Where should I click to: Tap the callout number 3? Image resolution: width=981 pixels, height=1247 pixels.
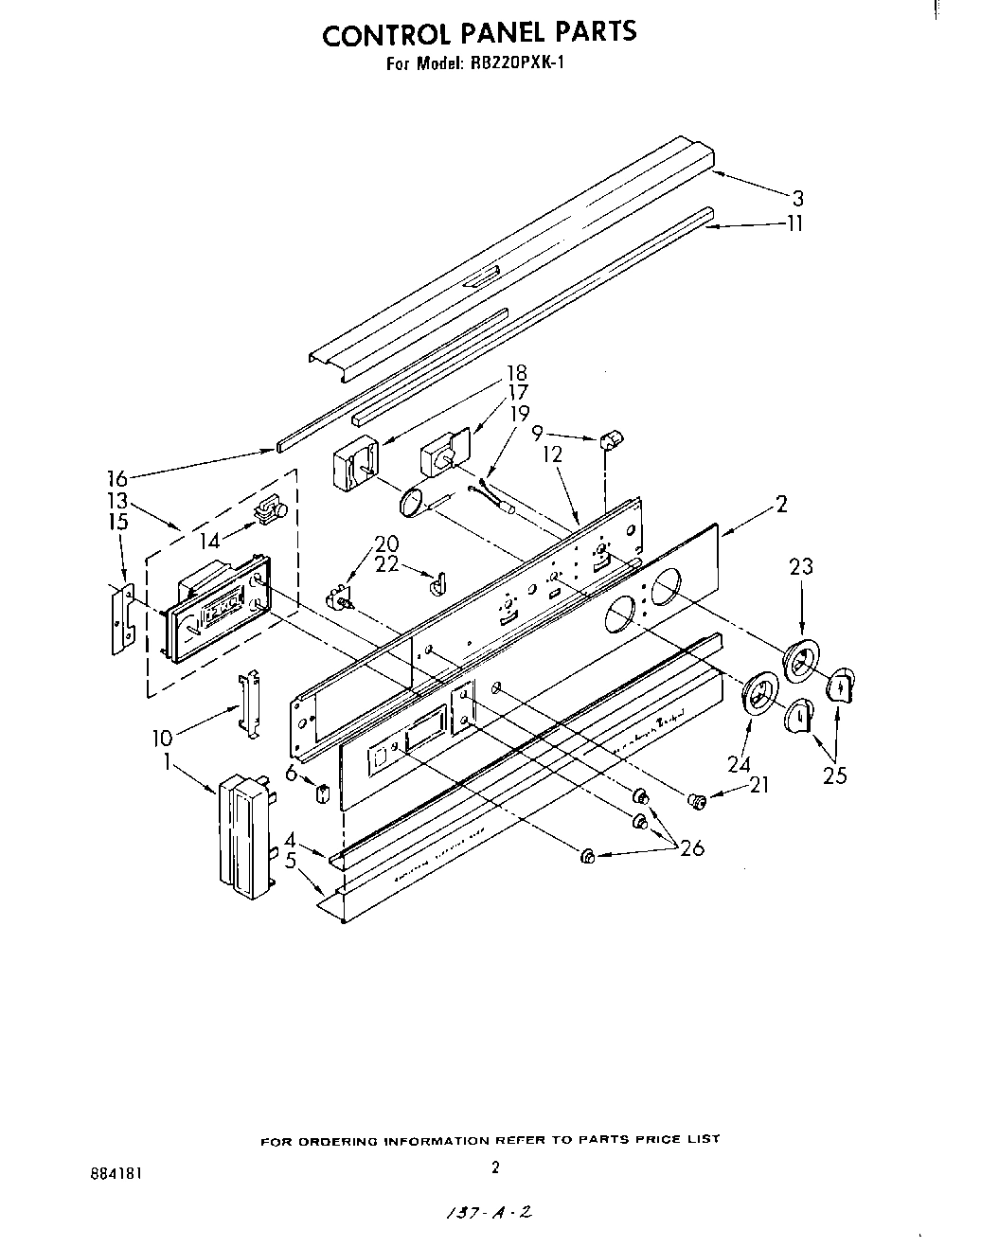[x=797, y=198]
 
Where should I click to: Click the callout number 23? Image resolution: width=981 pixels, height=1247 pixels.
[x=801, y=566]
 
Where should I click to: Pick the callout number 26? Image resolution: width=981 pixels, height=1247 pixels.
[x=692, y=848]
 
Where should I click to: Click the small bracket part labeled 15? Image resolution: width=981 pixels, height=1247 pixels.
[x=120, y=618]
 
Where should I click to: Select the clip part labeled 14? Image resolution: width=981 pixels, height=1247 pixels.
[x=271, y=510]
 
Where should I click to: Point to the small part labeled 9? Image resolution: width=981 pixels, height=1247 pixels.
[x=610, y=438]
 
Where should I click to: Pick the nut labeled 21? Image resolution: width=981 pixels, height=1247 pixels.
[x=699, y=802]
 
